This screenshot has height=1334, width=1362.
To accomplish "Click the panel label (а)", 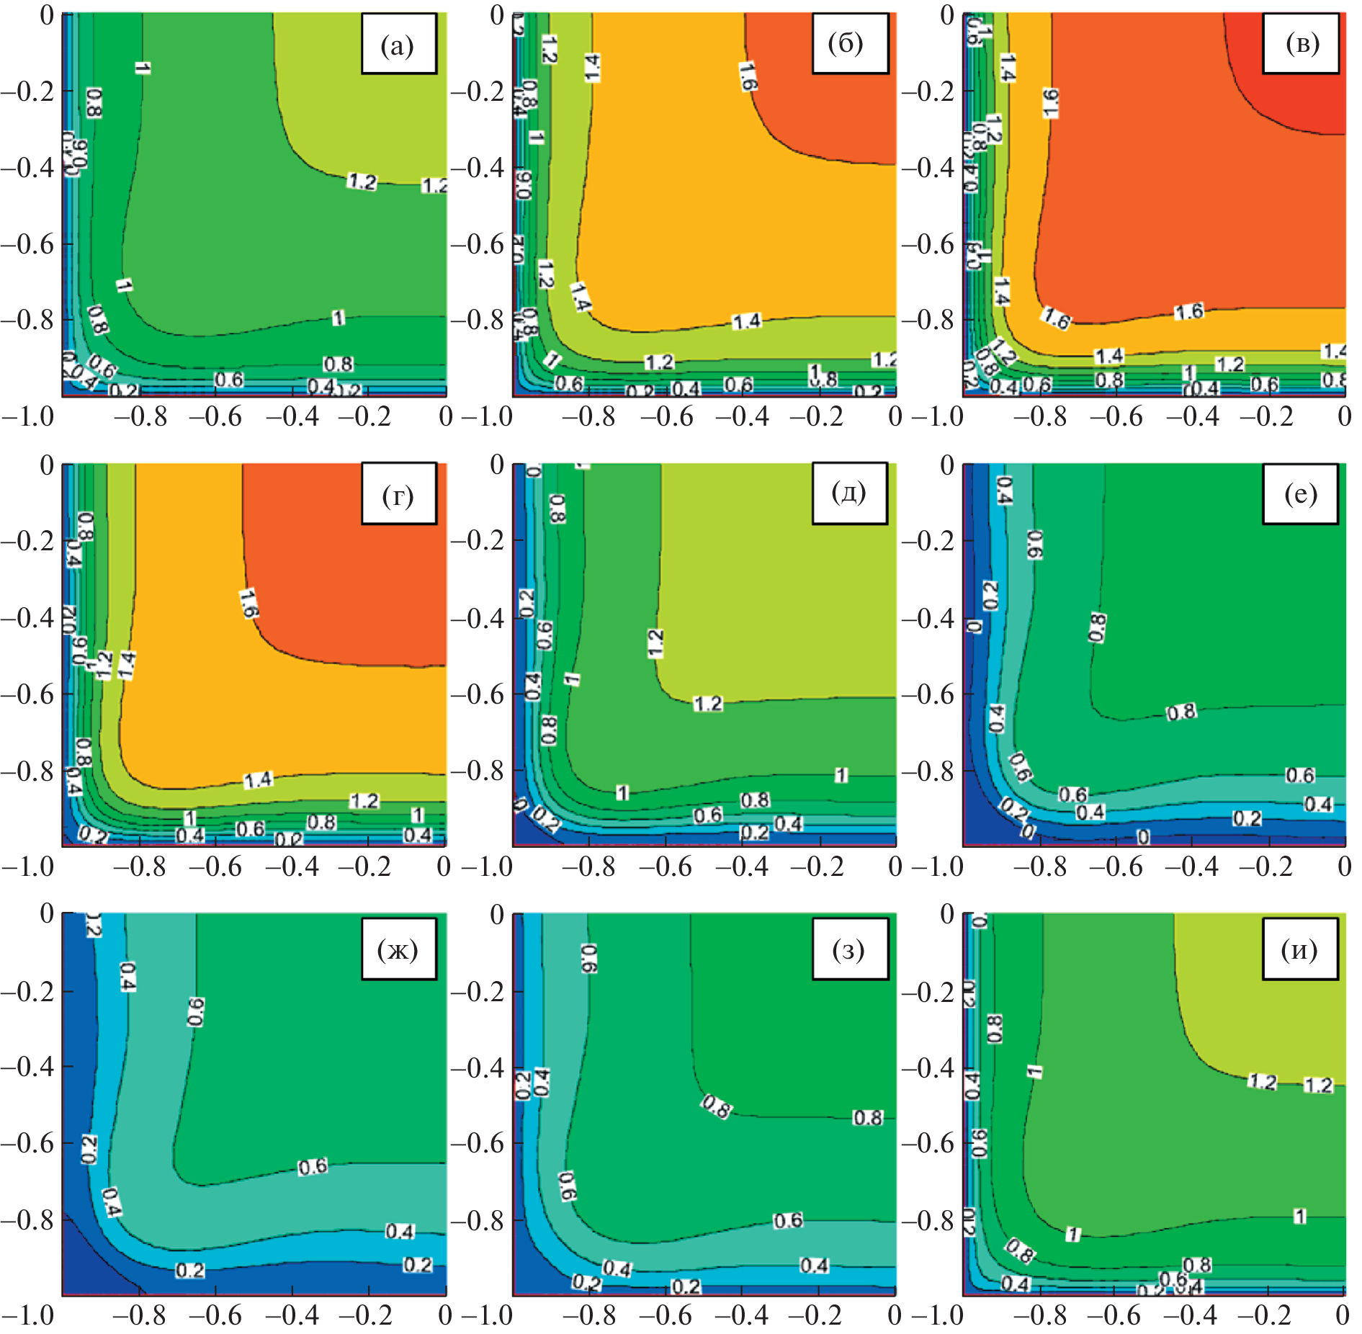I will tap(398, 45).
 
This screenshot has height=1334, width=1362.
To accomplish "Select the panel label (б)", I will tap(848, 43).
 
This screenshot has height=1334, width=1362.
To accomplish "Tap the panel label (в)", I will tap(1301, 43).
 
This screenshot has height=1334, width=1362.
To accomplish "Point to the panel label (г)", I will tap(398, 494).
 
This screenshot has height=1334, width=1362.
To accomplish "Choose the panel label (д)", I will tap(848, 493).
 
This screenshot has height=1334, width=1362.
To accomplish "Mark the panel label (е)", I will tap(1300, 494).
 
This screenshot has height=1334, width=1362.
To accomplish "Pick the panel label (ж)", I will tap(398, 949).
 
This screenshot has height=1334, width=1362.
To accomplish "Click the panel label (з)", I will tap(848, 949).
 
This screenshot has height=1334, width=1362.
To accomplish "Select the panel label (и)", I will tap(1300, 949).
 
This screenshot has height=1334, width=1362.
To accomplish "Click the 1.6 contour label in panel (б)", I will tap(748, 76).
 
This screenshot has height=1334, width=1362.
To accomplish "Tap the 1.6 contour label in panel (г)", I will tap(248, 602).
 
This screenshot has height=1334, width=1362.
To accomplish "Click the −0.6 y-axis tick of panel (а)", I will tap(27, 243).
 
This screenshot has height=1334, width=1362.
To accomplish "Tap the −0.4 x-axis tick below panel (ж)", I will tap(292, 1315).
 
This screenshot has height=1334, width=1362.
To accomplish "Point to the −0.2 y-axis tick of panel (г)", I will tap(27, 541).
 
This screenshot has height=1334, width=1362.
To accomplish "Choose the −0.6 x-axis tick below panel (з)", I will tap(664, 1315).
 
